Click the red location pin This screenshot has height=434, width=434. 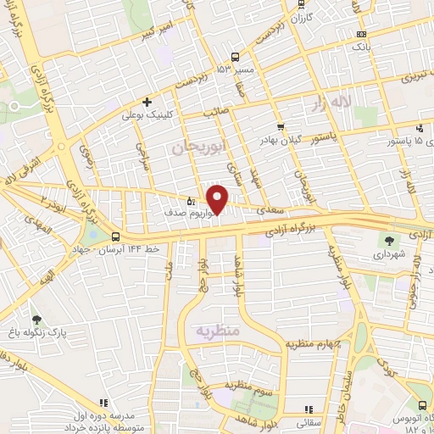(218, 199)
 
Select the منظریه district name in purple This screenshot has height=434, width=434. (218, 328)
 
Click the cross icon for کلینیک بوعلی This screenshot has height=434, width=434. (147, 102)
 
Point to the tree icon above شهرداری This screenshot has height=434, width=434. (390, 240)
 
